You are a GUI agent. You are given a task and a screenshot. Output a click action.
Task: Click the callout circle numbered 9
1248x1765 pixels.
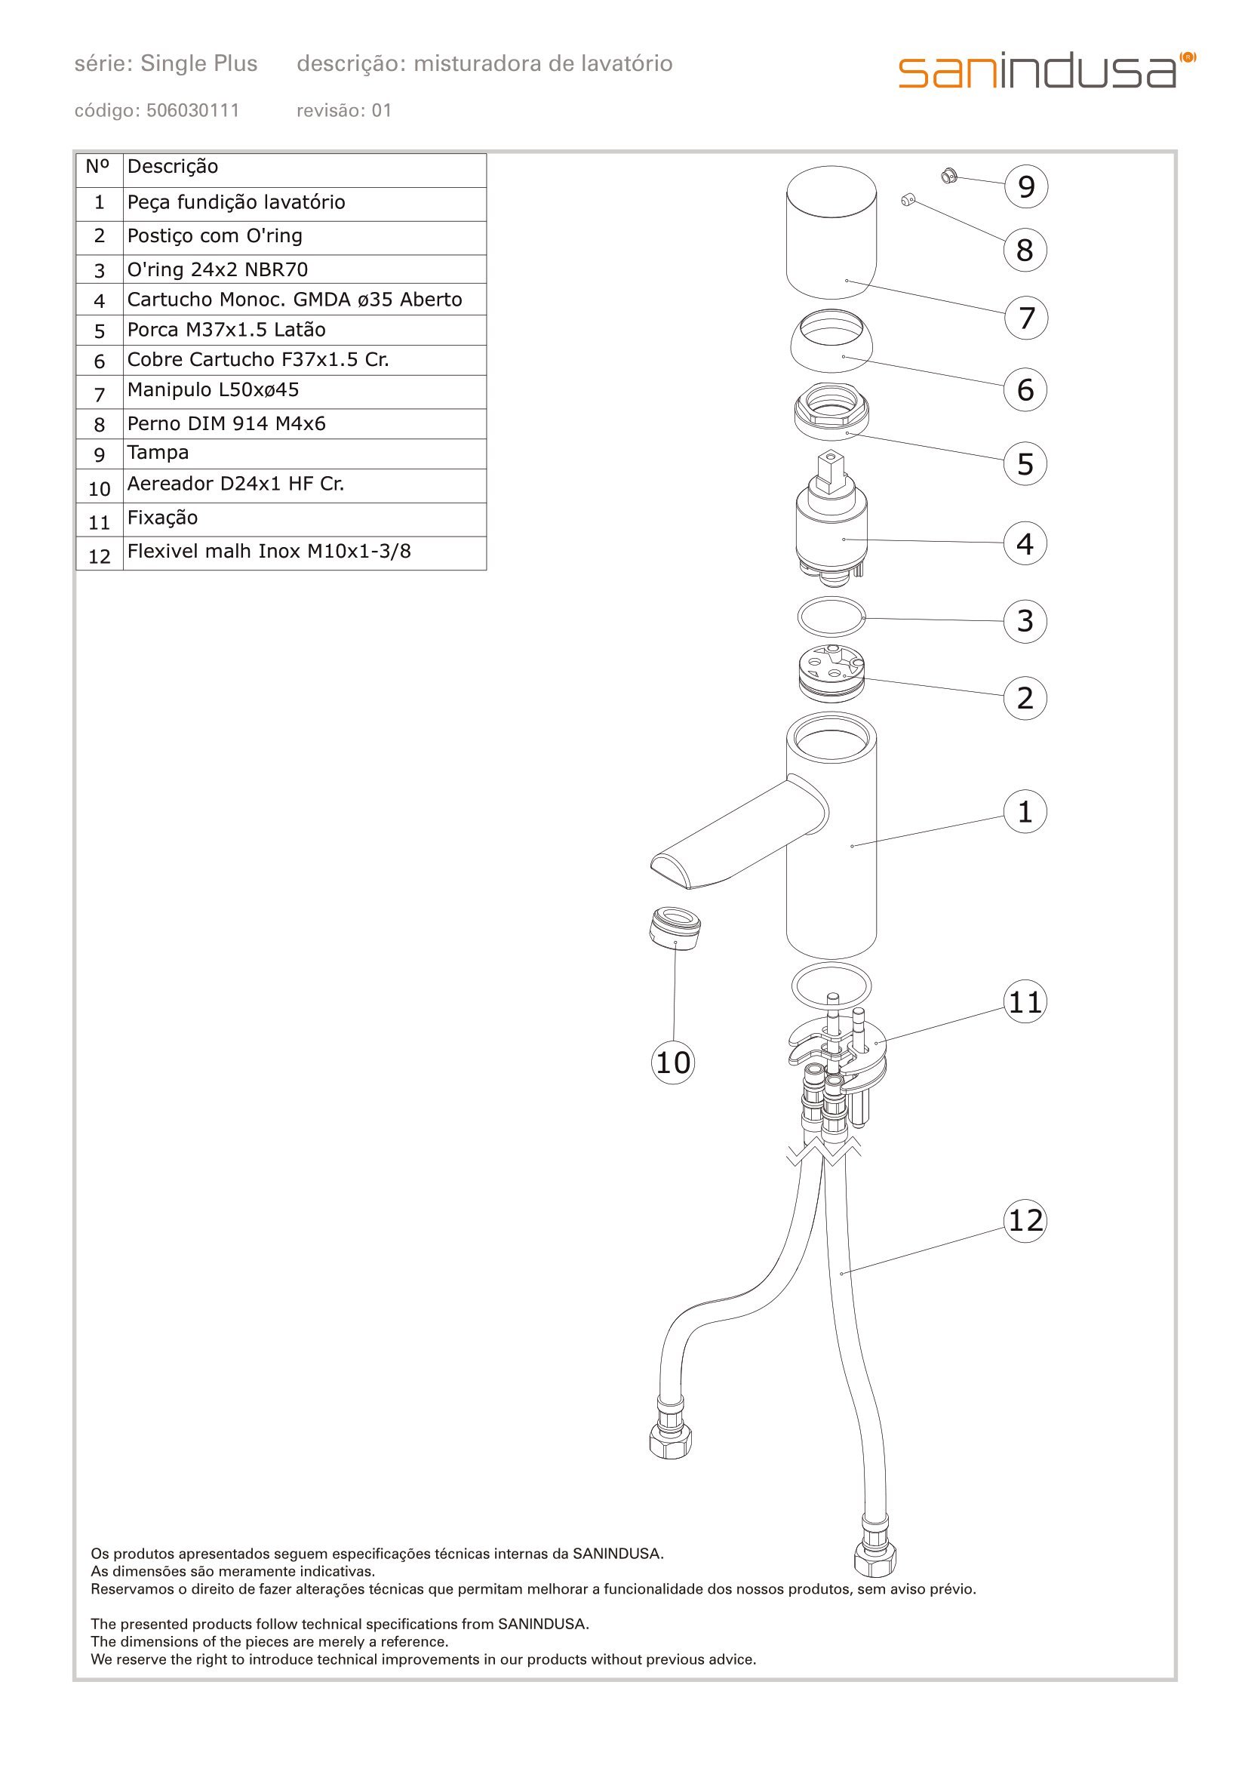[x=1026, y=187]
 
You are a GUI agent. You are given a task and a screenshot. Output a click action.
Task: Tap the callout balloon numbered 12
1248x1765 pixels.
[x=1025, y=1220]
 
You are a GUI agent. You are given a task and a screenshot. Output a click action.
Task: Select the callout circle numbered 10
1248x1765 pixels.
[x=673, y=1062]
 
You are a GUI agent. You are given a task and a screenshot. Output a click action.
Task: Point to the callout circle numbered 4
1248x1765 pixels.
[x=1025, y=543]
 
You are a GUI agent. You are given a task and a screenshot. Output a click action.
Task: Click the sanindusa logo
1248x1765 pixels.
[x=1046, y=71]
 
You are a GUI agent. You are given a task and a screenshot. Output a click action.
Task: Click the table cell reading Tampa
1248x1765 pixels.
[x=304, y=453]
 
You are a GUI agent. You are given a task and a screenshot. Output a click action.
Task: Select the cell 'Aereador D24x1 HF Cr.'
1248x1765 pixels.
[x=304, y=484]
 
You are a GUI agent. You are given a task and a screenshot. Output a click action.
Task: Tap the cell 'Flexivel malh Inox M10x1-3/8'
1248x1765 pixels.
[x=304, y=552]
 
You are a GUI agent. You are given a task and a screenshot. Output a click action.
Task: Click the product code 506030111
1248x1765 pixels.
[x=193, y=111]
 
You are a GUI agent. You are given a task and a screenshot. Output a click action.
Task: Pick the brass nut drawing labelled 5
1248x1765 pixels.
[x=831, y=412]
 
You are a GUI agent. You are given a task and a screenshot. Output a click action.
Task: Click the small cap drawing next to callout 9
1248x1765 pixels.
[x=948, y=177]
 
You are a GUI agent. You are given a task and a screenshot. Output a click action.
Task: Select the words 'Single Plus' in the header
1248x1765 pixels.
[x=199, y=64]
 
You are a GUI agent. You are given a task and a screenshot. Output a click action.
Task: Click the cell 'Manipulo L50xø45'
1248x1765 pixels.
[x=304, y=391]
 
